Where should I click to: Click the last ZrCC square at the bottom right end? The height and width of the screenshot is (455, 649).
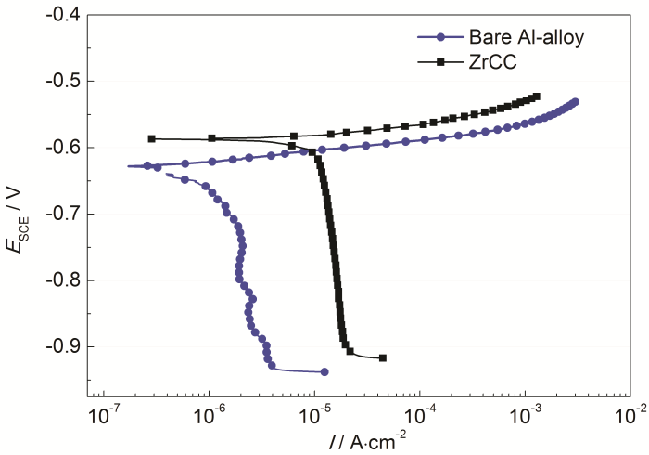(382, 357)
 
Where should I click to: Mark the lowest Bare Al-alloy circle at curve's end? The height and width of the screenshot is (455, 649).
(324, 371)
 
